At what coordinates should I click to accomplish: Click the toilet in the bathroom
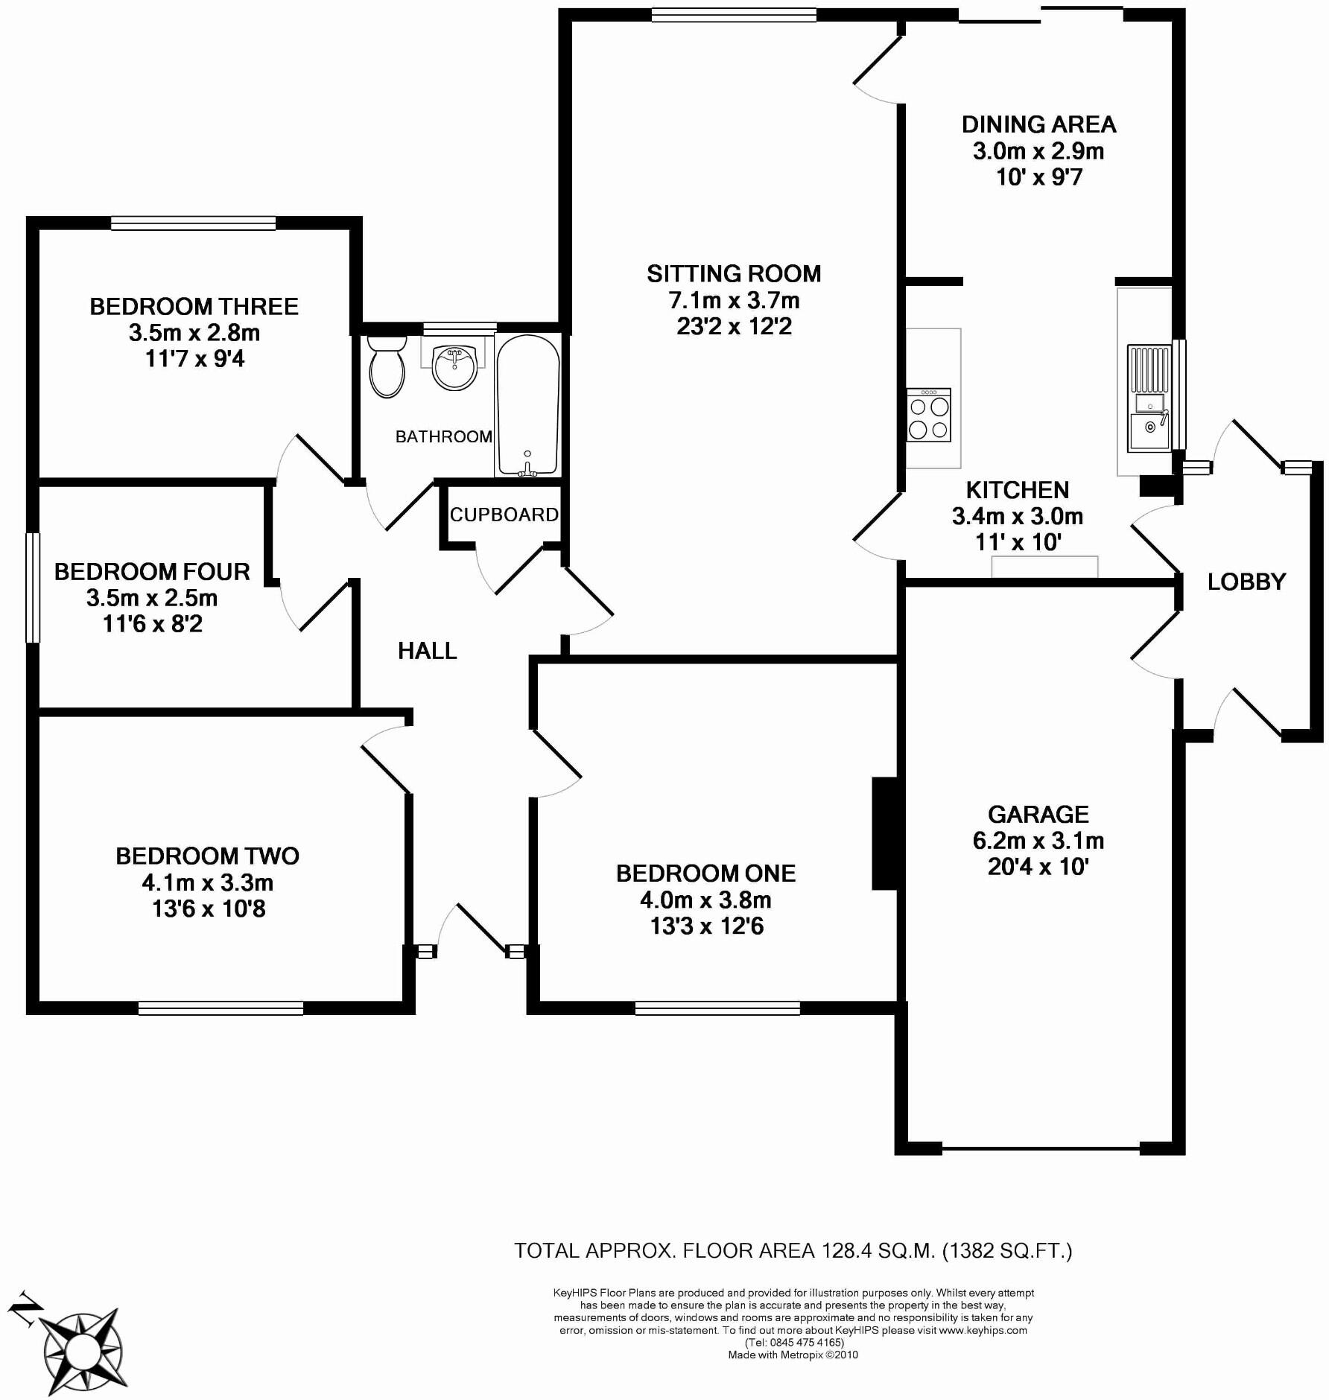[x=387, y=366]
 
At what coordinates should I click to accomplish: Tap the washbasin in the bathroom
[x=454, y=367]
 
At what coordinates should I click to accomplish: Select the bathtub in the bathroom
[x=527, y=405]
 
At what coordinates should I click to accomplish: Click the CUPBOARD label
[x=504, y=515]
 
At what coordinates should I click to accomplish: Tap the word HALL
[x=427, y=651]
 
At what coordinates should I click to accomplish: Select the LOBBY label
[x=1246, y=582]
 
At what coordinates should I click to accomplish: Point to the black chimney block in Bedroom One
[x=884, y=833]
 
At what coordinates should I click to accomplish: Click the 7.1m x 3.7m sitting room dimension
[x=734, y=301]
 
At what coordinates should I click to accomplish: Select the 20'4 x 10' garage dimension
[x=1038, y=867]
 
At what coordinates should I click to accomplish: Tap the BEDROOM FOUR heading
[x=152, y=572]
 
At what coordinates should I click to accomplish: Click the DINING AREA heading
[x=1038, y=124]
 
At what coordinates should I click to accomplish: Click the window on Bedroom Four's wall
[x=33, y=587]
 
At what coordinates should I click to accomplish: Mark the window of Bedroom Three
[x=193, y=223]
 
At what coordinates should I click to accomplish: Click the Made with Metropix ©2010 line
[x=793, y=1355]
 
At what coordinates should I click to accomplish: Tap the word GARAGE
[x=1038, y=814]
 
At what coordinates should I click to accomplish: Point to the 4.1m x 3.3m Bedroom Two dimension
[x=208, y=883]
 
